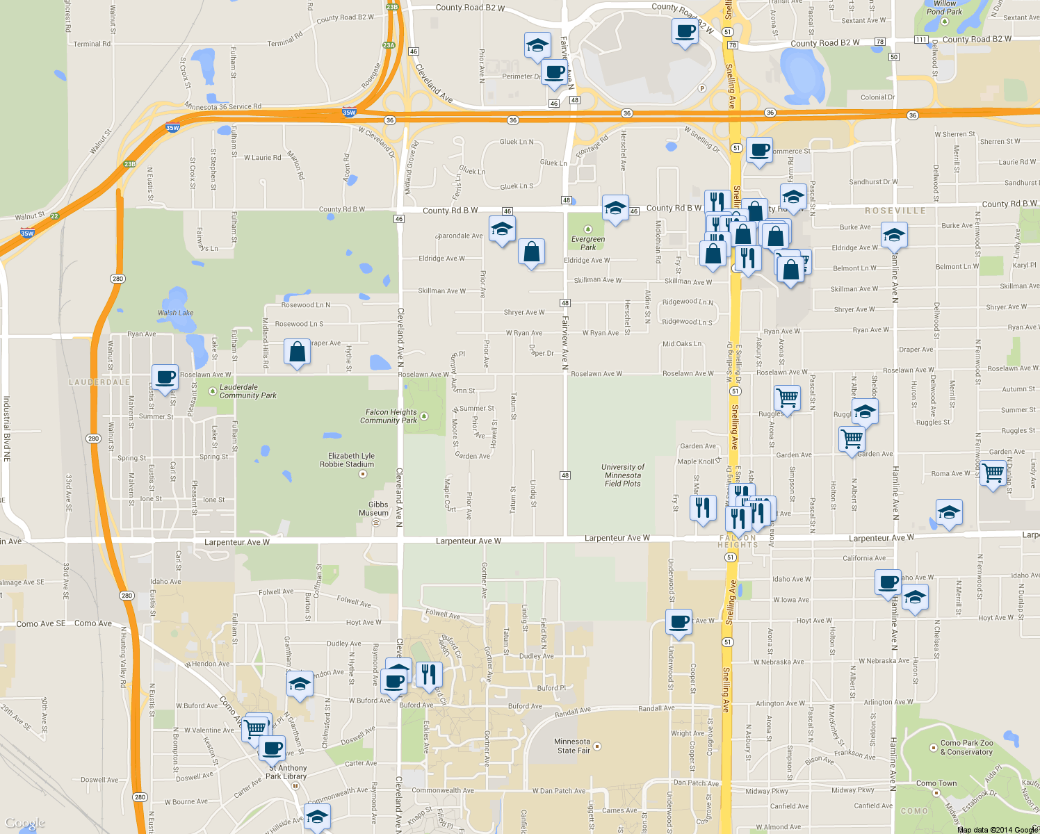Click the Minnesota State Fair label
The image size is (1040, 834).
pyautogui.click(x=572, y=746)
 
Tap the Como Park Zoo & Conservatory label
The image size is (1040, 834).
pyautogui.click(x=966, y=747)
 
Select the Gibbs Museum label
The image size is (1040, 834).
pyautogui.click(x=374, y=509)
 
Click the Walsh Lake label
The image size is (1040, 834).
pyautogui.click(x=175, y=313)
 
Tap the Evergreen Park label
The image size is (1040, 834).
pyautogui.click(x=588, y=243)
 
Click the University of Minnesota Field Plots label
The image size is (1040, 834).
pyautogui.click(x=623, y=475)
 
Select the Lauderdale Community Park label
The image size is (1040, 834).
pyautogui.click(x=247, y=391)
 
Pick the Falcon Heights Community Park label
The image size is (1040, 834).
pyautogui.click(x=389, y=416)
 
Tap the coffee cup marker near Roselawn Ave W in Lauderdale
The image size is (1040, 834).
pyautogui.click(x=165, y=377)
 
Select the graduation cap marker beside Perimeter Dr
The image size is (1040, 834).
pyautogui.click(x=537, y=46)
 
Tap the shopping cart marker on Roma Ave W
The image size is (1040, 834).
pyautogui.click(x=993, y=473)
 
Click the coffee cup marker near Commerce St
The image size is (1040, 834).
pyautogui.click(x=759, y=150)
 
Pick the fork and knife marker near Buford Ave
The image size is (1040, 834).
pyautogui.click(x=428, y=674)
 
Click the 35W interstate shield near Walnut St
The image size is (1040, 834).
pyautogui.click(x=27, y=234)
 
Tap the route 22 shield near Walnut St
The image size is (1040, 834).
pyautogui.click(x=54, y=216)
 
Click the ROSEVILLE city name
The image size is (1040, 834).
pyautogui.click(x=895, y=211)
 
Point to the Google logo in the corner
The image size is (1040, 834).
pyautogui.click(x=25, y=824)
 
